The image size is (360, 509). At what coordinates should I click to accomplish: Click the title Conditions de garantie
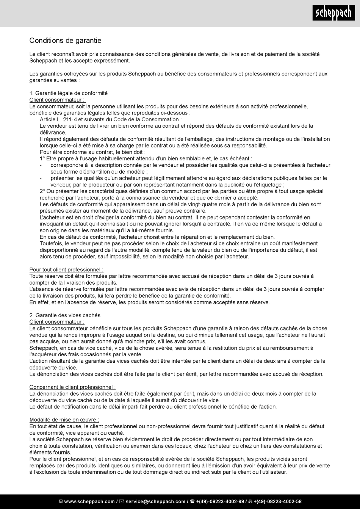65,41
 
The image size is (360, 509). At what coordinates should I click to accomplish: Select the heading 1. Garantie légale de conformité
69,93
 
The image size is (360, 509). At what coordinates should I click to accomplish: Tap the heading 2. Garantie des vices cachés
65,315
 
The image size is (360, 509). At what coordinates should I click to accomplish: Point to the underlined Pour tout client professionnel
66,269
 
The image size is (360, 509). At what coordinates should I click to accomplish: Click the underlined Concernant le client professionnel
72,387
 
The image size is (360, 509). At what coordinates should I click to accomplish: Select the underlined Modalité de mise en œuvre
64,420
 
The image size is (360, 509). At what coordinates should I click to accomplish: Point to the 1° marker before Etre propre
42,158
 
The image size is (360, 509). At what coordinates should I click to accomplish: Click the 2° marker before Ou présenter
42,191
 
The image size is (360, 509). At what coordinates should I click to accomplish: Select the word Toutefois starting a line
52,243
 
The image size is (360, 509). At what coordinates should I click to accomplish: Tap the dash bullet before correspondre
41,165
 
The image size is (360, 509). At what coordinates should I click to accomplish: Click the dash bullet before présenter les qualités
41,178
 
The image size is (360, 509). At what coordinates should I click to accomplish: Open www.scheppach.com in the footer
89,501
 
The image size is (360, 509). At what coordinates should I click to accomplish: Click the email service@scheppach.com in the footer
155,501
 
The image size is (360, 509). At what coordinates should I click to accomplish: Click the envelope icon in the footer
122,501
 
